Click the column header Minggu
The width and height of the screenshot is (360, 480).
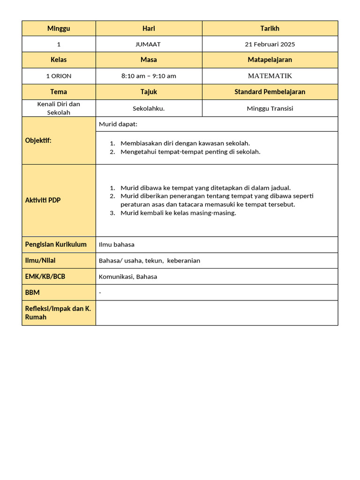click(x=59, y=29)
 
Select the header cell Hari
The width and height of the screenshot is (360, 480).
click(x=149, y=29)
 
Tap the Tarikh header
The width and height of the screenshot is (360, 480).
click(x=270, y=29)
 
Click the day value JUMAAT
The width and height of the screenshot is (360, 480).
click(x=149, y=45)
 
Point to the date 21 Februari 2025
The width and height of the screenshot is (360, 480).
click(x=270, y=45)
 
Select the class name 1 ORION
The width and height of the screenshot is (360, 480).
click(x=59, y=76)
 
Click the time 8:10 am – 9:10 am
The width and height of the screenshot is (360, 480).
click(x=149, y=76)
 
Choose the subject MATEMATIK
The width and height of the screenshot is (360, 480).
click(x=270, y=76)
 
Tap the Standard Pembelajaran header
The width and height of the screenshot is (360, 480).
click(x=270, y=92)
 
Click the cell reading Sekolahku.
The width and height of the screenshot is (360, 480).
click(x=149, y=108)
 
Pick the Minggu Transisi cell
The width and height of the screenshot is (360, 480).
click(x=270, y=108)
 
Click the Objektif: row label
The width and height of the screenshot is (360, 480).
click(x=38, y=141)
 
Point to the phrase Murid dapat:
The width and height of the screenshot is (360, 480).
click(x=118, y=124)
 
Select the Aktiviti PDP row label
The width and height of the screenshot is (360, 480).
click(x=43, y=201)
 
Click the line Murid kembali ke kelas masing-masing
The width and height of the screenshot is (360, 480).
click(x=178, y=213)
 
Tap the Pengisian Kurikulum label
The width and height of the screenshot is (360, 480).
click(x=56, y=245)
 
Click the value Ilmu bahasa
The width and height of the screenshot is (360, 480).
click(x=116, y=245)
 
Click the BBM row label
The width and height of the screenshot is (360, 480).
click(x=32, y=292)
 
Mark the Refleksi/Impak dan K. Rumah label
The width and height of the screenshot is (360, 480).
click(x=58, y=313)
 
